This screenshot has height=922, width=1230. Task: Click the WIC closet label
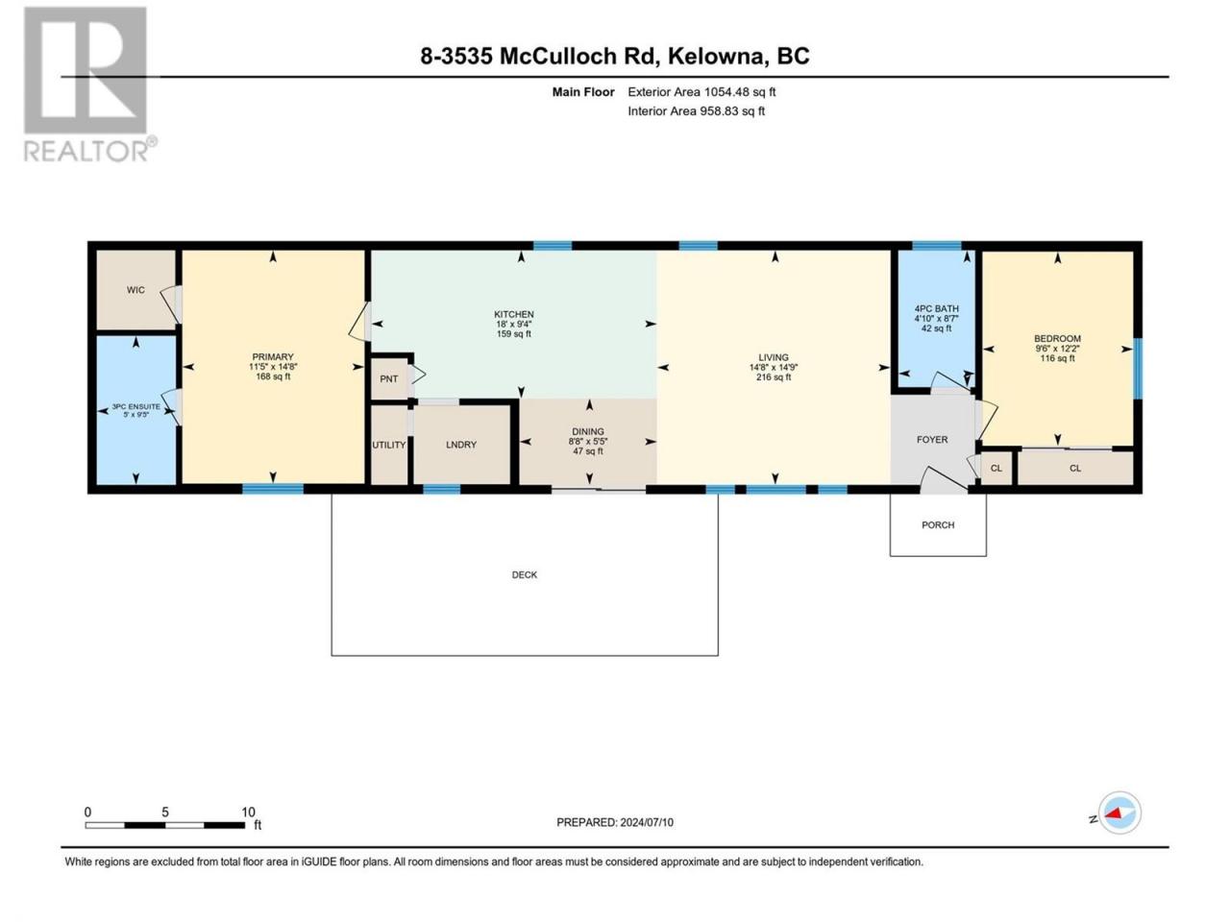coord(135,290)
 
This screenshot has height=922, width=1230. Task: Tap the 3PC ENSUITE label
coord(136,406)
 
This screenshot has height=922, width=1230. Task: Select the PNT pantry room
coord(389,378)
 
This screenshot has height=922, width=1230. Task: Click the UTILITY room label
coord(389,445)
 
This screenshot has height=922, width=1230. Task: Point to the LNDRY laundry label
coord(461,445)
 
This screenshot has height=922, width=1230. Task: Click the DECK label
coord(525,575)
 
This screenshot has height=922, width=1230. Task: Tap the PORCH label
coord(938,525)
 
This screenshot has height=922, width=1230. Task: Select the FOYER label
coord(932,440)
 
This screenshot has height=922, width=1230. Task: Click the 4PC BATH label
coord(936,308)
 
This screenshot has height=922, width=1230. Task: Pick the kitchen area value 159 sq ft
coord(514,334)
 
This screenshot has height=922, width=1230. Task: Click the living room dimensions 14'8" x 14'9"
coord(774,368)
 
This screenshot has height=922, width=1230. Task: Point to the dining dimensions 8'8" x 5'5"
coord(588,441)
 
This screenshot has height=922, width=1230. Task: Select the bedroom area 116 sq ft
coord(1057,358)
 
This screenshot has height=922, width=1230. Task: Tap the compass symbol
coord(1119,813)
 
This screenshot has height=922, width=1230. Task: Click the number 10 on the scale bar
coord(248,812)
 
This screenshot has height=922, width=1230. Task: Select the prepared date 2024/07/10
coord(646,822)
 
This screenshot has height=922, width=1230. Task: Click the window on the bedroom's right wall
coord(1138,369)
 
